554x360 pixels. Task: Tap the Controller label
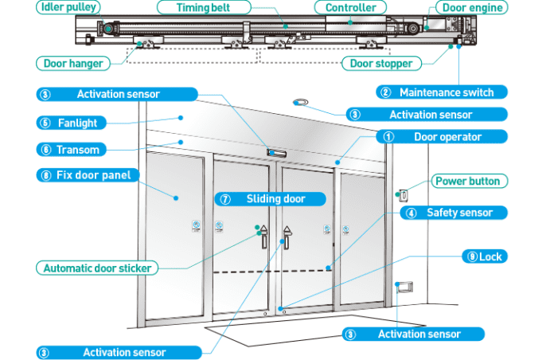350,8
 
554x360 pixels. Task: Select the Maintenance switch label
448,92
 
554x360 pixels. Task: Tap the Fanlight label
79,123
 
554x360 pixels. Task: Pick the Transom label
79,149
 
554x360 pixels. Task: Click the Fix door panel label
88,174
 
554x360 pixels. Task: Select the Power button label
468,181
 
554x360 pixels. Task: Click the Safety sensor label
456,213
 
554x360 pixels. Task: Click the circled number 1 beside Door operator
388,137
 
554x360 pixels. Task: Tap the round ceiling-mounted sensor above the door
301,102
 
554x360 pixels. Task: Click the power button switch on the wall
404,194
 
